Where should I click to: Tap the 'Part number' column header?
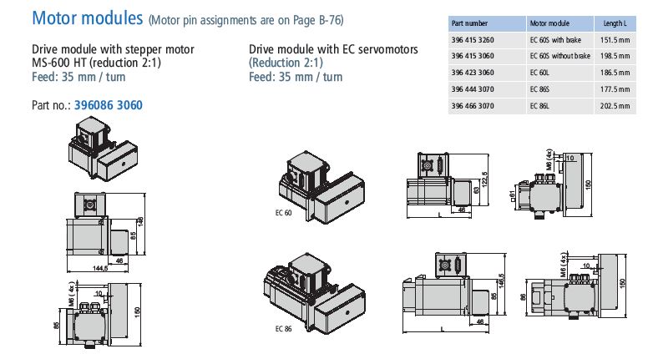pyautogui.click(x=469, y=23)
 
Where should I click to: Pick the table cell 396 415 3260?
pyautogui.click(x=473, y=39)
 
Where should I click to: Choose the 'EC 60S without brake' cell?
pyautogui.click(x=559, y=56)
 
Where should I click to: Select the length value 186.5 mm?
pyautogui.click(x=615, y=73)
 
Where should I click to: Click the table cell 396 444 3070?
pyautogui.click(x=473, y=89)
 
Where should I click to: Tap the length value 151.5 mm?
pyautogui.click(x=615, y=39)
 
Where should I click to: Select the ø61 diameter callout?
pyautogui.click(x=511, y=197)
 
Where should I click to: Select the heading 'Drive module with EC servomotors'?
pyautogui.click(x=333, y=50)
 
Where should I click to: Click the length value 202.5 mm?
pyautogui.click(x=615, y=106)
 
